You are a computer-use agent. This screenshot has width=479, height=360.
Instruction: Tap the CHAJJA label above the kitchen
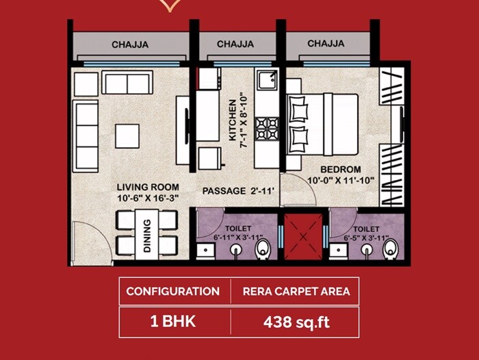235,44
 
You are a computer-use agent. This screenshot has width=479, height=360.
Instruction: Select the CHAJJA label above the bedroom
326,44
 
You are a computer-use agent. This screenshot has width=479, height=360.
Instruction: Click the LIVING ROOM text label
148,187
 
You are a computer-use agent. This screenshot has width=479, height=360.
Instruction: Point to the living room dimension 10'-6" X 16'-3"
148,198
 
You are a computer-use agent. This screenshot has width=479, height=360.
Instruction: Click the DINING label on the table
147,235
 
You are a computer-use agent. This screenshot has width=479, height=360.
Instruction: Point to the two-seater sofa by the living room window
127,83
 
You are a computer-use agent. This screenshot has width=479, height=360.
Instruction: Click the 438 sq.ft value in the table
296,321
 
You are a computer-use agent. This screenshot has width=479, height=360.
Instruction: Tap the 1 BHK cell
172,321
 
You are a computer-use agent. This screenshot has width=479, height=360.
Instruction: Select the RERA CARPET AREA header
296,291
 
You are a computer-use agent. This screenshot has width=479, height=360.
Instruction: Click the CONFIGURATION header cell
172,291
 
